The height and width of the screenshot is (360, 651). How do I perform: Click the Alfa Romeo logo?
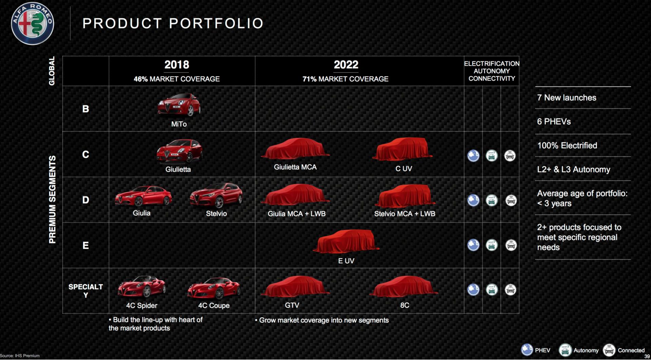(x=32, y=23)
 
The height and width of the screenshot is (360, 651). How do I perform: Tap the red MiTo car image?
(x=179, y=105)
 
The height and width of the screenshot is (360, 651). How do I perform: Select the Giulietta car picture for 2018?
(x=179, y=151)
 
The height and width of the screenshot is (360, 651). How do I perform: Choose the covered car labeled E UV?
(x=346, y=241)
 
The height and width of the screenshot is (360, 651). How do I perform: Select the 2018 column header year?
(x=177, y=64)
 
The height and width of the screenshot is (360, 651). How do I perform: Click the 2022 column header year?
(x=346, y=64)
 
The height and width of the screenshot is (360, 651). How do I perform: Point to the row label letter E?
(x=86, y=245)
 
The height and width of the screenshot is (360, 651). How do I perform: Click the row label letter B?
(x=86, y=109)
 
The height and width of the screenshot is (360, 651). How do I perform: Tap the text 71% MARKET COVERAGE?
(x=346, y=79)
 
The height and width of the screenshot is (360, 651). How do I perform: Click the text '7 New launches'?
(x=567, y=98)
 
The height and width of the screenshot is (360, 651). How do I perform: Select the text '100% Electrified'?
(x=567, y=146)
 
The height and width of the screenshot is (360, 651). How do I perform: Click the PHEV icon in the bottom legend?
(x=527, y=350)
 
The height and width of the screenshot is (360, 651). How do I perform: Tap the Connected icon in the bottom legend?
(x=609, y=350)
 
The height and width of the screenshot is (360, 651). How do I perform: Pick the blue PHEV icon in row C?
(x=473, y=156)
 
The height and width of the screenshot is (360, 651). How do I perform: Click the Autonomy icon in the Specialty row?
(x=492, y=290)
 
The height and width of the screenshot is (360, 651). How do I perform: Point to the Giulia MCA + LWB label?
(x=297, y=214)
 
